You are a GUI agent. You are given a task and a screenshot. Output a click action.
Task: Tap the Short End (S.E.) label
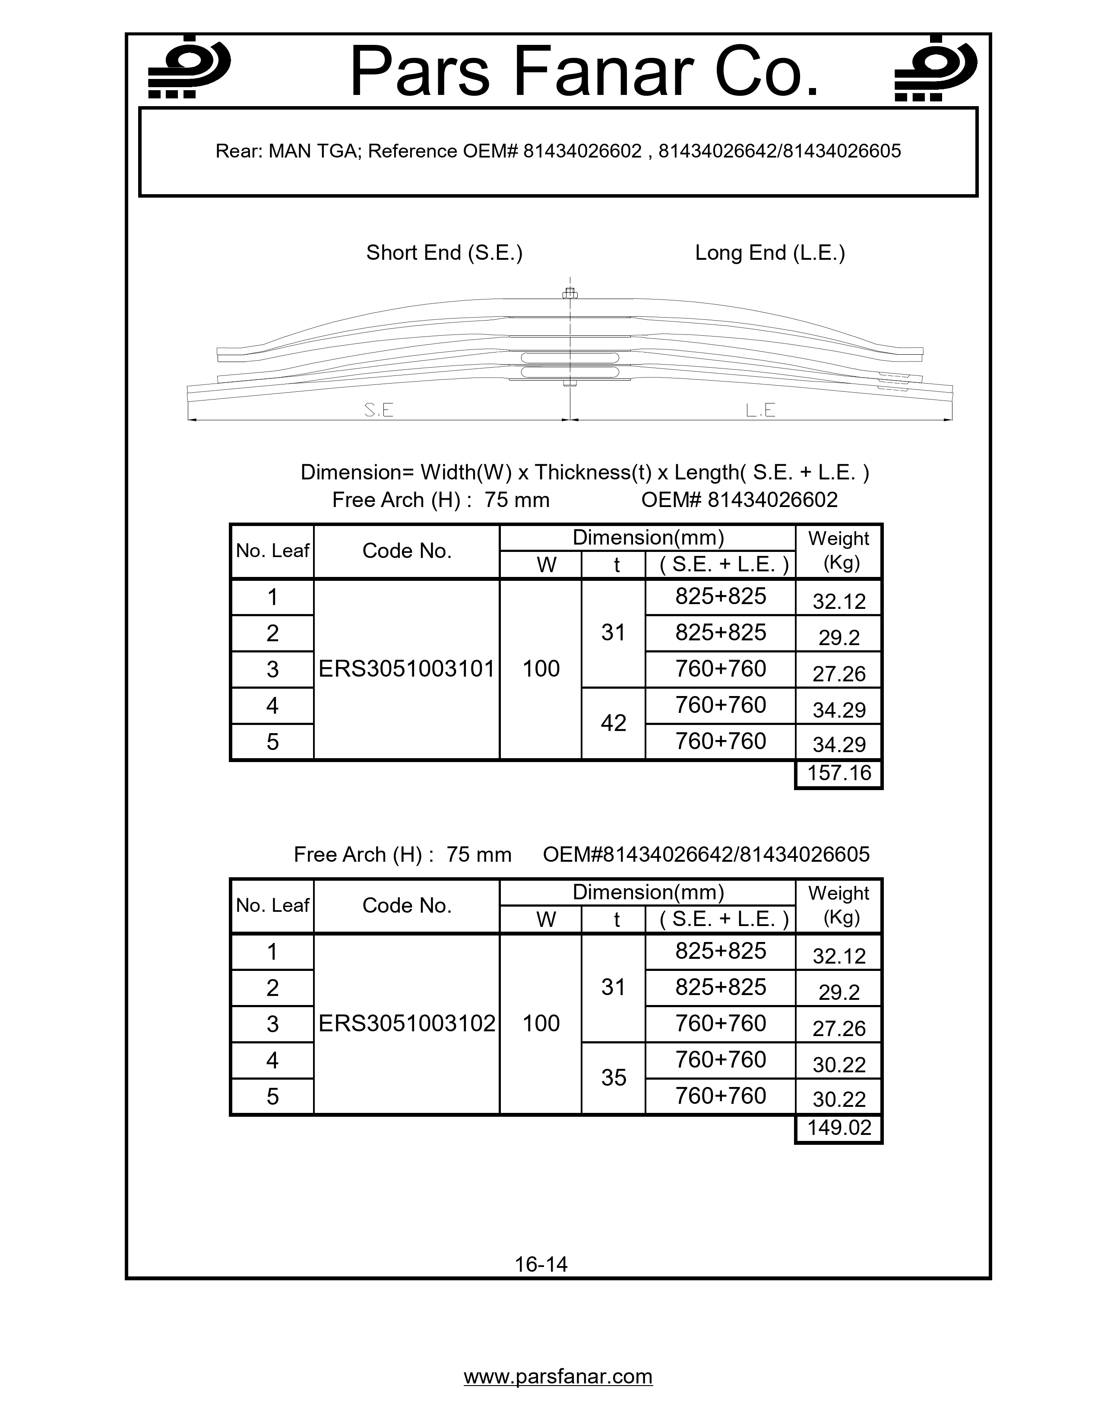point(444,252)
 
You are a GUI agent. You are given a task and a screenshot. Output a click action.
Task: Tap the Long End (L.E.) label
point(770,252)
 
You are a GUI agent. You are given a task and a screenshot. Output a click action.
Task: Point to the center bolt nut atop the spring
point(570,294)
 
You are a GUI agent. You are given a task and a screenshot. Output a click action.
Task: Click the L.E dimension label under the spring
point(760,410)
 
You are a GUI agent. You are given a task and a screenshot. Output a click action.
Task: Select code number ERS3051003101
point(406,669)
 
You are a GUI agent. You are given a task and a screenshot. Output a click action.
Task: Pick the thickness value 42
point(613,723)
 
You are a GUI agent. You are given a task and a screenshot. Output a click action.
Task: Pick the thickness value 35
point(613,1078)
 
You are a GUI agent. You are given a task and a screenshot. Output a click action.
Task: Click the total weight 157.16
point(839,773)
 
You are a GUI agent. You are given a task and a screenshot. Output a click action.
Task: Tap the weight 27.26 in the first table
point(839,674)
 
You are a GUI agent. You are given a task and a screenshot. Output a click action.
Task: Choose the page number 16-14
point(541,1264)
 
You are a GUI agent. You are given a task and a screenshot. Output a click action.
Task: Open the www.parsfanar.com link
point(558,1377)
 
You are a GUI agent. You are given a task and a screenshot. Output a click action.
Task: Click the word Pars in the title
point(421,72)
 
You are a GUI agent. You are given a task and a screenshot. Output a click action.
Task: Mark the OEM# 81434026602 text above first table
point(739,500)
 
